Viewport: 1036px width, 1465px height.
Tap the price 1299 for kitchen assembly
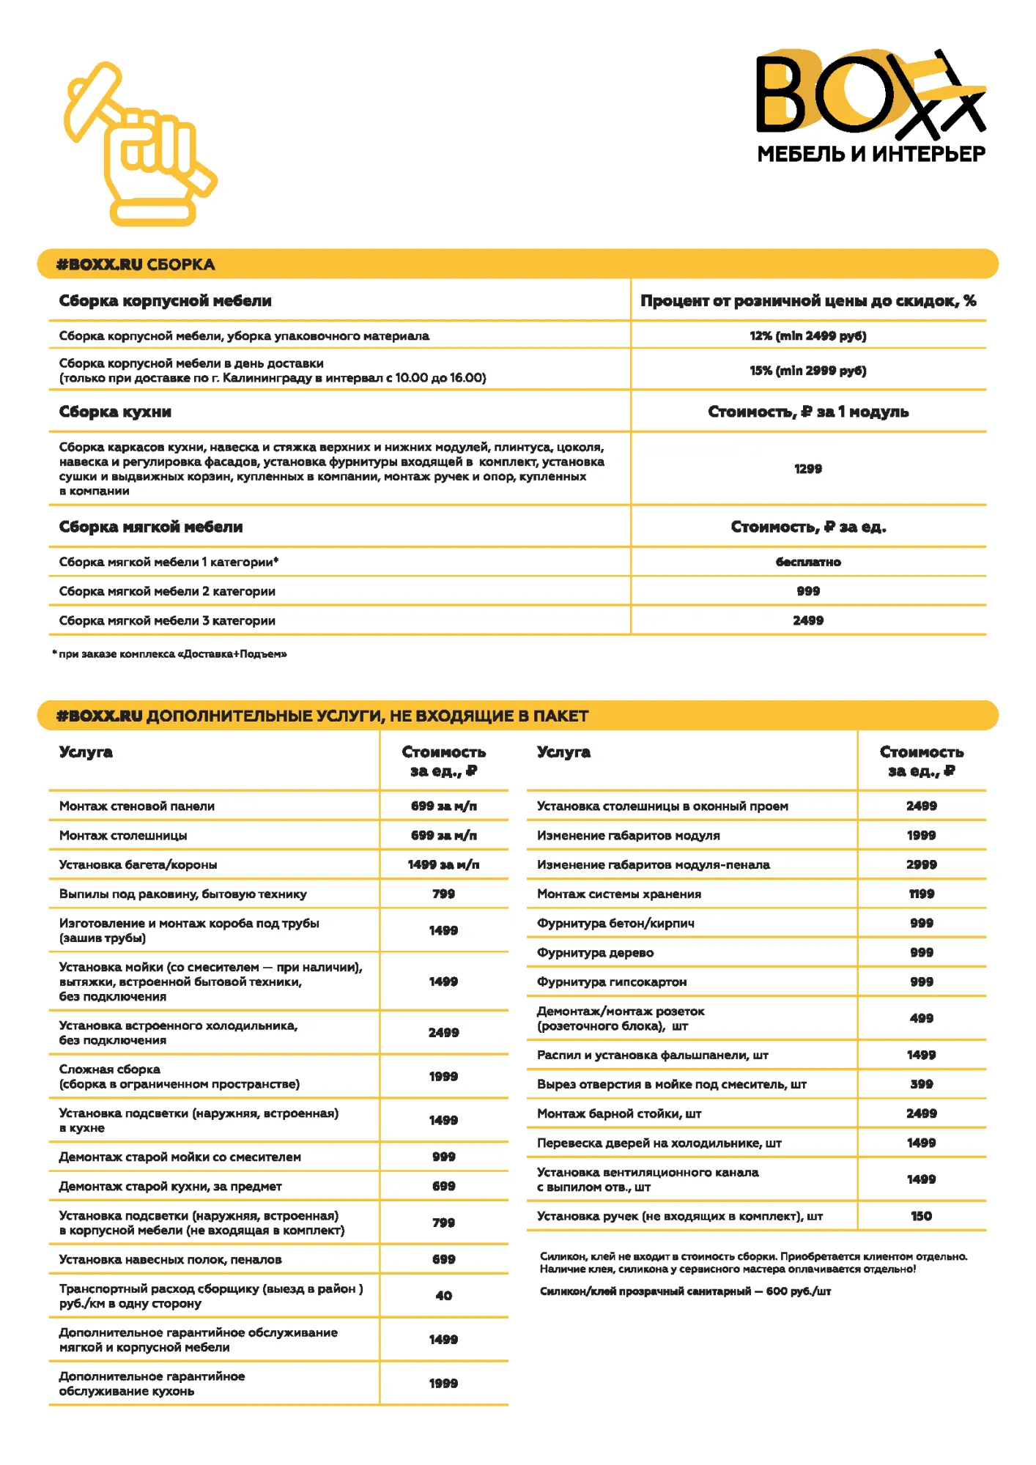pyautogui.click(x=807, y=469)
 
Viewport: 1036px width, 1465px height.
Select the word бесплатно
pyautogui.click(x=807, y=562)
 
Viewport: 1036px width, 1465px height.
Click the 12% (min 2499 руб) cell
pyautogui.click(x=807, y=335)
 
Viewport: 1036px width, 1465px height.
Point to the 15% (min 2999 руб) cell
pyautogui.click(x=807, y=371)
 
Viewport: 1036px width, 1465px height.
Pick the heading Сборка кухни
pyautogui.click(x=115, y=412)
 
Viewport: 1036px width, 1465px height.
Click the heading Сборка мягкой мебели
pyautogui.click(x=151, y=527)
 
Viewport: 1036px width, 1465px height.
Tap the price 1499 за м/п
pyautogui.click(x=443, y=864)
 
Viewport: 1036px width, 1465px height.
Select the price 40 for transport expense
pyautogui.click(x=443, y=1295)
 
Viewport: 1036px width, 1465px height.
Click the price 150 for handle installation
pyautogui.click(x=921, y=1216)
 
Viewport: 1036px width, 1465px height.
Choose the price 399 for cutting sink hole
pyautogui.click(x=921, y=1084)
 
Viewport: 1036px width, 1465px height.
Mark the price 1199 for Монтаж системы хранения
pyautogui.click(x=921, y=894)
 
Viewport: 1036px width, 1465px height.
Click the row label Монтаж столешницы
pyautogui.click(x=123, y=835)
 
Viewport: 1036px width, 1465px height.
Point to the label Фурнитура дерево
pyautogui.click(x=595, y=952)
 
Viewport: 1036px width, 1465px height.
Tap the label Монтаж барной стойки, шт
pyautogui.click(x=619, y=1113)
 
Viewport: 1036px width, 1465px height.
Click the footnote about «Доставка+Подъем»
pyautogui.click(x=170, y=654)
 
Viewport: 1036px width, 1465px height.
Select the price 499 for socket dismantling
pyautogui.click(x=921, y=1018)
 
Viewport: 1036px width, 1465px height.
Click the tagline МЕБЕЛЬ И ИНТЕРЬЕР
pyautogui.click(x=870, y=154)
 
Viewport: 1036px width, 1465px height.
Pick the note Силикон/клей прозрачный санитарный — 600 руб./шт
pyautogui.click(x=685, y=1291)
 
